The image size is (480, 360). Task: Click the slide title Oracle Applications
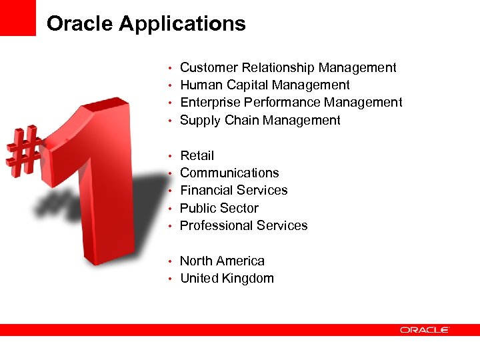tap(146, 24)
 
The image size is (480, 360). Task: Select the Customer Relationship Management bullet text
tap(288, 67)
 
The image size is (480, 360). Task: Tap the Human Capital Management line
tap(265, 85)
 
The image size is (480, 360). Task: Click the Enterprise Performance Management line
tap(291, 102)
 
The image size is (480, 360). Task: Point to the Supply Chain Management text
tap(260, 120)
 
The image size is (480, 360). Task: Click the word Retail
tap(197, 155)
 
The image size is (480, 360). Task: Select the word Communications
tap(229, 173)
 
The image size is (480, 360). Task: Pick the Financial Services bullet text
tap(233, 190)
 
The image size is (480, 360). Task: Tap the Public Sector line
tap(219, 208)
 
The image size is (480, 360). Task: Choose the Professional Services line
tap(243, 225)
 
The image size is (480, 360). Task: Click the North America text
tap(222, 261)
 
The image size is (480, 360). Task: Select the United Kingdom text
tap(227, 278)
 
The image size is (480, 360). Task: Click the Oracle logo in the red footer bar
tap(425, 329)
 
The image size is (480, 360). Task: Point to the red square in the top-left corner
tap(17, 17)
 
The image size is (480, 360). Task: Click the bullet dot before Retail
tap(171, 156)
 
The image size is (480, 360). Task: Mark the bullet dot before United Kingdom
tap(171, 279)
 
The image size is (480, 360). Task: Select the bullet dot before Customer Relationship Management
tap(171, 68)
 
